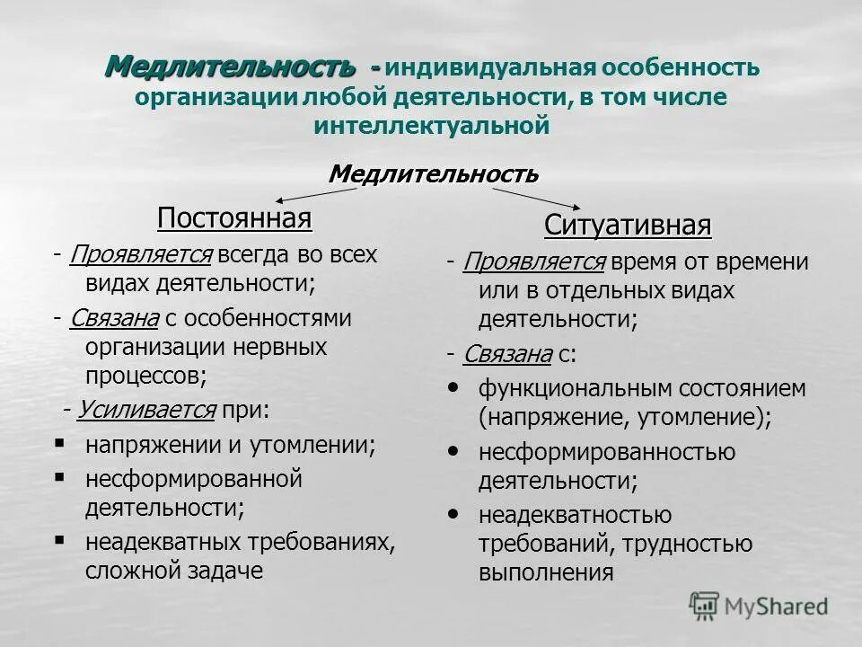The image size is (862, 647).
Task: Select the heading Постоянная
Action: pyautogui.click(x=234, y=218)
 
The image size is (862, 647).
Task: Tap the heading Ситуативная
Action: pyautogui.click(x=628, y=226)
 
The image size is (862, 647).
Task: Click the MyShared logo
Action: pyautogui.click(x=758, y=606)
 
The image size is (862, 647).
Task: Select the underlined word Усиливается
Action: pyautogui.click(x=146, y=411)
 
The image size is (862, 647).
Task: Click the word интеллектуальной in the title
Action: pyautogui.click(x=431, y=127)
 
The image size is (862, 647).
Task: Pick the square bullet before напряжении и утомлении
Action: pyautogui.click(x=60, y=444)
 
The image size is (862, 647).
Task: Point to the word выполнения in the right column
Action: pyautogui.click(x=546, y=572)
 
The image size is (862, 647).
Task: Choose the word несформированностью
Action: pyautogui.click(x=607, y=452)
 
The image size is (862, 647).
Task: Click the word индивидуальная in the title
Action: pyautogui.click(x=492, y=68)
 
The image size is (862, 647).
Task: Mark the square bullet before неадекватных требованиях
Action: pyautogui.click(x=60, y=541)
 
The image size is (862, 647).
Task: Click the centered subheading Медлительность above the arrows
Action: pyautogui.click(x=434, y=173)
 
